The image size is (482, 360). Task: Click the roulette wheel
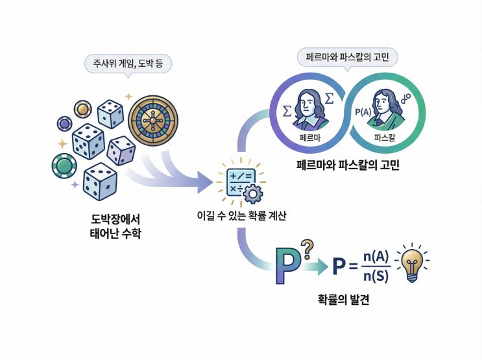(153, 121)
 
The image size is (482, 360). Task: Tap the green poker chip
(64, 166)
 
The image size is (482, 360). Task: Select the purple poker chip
(64, 123)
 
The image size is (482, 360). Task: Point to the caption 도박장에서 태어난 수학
(114, 226)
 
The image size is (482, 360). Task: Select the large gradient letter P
(289, 266)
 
